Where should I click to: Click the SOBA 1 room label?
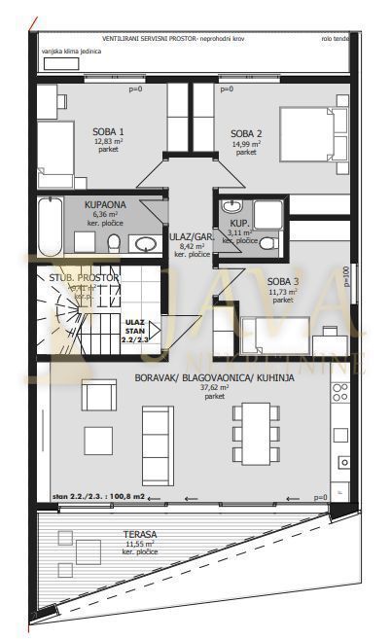click(x=109, y=130)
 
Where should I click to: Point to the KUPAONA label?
click(x=104, y=205)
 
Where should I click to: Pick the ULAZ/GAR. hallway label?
click(x=192, y=235)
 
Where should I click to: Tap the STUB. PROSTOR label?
click(x=84, y=277)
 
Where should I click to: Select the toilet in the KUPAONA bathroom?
click(x=114, y=242)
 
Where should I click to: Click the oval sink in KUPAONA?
click(x=147, y=243)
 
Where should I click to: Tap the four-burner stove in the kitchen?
click(x=340, y=393)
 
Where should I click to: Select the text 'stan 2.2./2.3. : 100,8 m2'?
click(x=99, y=496)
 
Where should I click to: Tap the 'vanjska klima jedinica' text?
click(x=71, y=51)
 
